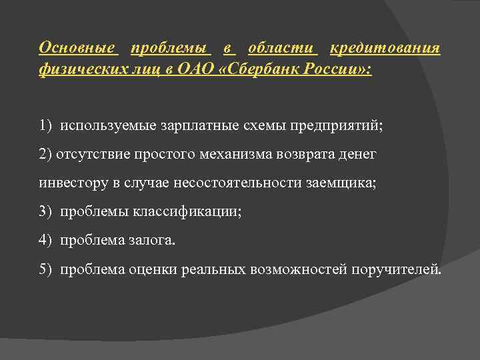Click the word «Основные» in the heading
click(x=77, y=48)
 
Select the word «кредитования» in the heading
click(x=385, y=48)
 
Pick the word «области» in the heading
click(x=281, y=48)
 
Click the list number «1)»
click(x=45, y=125)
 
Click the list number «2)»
click(x=45, y=154)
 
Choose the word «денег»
click(x=358, y=154)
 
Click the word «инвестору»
click(x=67, y=183)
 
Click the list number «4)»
click(x=45, y=240)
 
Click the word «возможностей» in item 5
click(x=291, y=269)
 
